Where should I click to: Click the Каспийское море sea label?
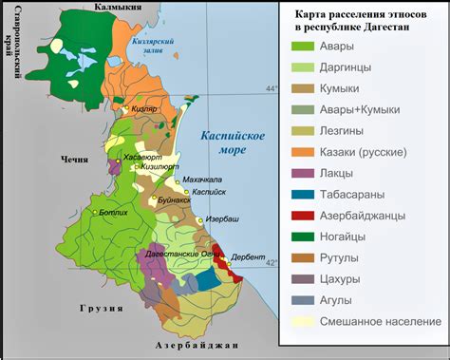pyautogui.click(x=232, y=143)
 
